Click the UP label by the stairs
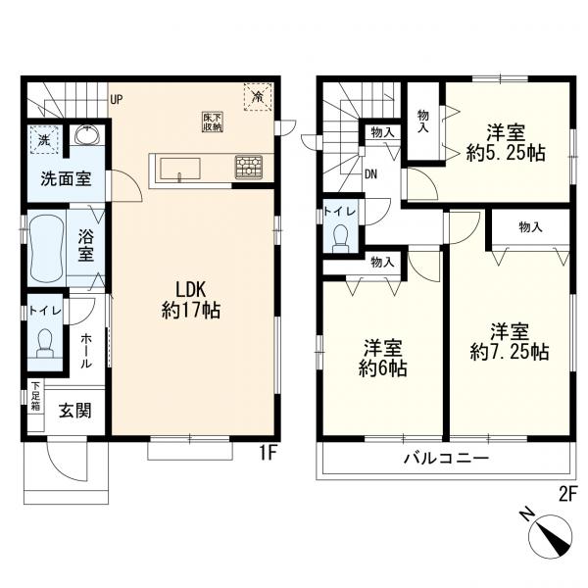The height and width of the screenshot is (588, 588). pos(117,100)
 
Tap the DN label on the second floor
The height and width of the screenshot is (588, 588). pos(370,174)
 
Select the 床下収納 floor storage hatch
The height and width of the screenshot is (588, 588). pos(213,122)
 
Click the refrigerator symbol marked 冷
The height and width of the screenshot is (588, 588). pos(258,97)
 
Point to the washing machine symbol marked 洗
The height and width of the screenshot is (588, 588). pos(44,140)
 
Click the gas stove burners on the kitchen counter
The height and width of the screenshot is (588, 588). pos(249,167)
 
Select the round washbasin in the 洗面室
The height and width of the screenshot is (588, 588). pos(87,135)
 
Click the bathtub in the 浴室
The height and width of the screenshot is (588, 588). pos(47,248)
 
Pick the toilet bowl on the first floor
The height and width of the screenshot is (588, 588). pos(45,343)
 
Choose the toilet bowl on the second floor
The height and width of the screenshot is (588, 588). pos(341,238)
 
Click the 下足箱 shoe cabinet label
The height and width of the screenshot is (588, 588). pos(35,396)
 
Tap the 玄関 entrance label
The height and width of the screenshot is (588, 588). pos(75,411)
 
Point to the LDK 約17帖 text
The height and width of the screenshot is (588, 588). pos(191,300)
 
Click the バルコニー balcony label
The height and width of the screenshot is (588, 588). pos(446,458)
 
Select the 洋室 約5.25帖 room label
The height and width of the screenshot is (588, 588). pos(506,142)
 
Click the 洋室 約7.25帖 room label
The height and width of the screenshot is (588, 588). pos(510,342)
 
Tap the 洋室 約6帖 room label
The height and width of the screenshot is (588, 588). pos(383,358)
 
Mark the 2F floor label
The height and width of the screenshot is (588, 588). pos(567,495)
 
